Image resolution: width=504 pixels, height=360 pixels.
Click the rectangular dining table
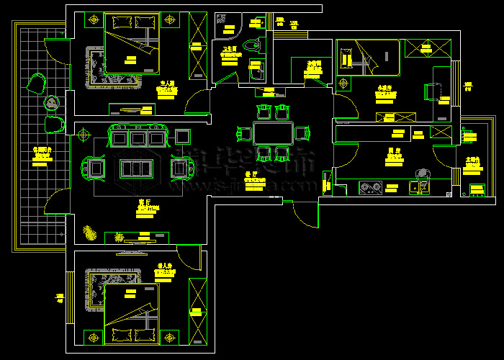273,133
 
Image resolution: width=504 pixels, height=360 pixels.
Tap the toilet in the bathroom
251,45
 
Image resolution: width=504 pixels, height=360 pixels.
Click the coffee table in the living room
136,168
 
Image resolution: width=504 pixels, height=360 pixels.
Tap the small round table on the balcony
52,104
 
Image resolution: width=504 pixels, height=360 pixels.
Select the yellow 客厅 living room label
143,203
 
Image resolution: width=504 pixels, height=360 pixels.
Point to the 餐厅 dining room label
251,174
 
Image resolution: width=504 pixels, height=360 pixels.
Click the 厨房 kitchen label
393,152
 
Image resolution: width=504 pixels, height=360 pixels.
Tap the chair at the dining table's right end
301,132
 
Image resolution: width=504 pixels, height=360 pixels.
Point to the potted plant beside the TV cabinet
90,232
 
